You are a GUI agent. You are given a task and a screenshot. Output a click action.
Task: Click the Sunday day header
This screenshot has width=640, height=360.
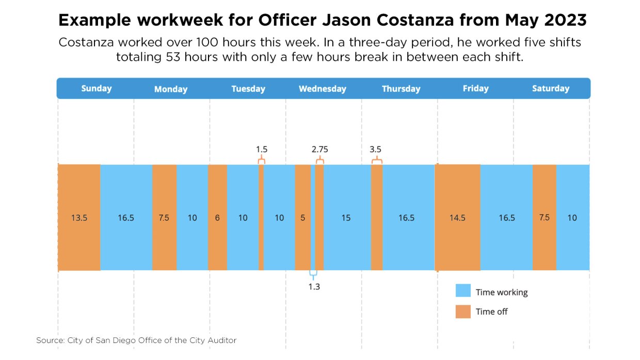click(x=97, y=88)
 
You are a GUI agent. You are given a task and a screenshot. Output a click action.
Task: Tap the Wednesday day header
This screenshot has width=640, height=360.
click(x=322, y=89)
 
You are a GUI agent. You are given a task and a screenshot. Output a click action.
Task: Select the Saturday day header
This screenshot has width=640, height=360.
click(x=550, y=88)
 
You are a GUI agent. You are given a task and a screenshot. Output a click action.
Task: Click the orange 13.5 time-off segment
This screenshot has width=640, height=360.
click(x=79, y=217)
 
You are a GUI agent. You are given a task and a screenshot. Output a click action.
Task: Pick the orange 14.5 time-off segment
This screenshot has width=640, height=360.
click(x=457, y=217)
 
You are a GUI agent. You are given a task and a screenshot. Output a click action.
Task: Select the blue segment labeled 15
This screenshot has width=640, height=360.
click(x=346, y=217)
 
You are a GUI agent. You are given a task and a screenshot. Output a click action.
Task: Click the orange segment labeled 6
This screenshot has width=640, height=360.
click(x=217, y=217)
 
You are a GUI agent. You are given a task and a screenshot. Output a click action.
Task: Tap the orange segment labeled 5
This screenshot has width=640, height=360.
click(x=302, y=217)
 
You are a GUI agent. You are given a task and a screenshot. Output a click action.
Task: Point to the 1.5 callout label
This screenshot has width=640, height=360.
click(x=262, y=150)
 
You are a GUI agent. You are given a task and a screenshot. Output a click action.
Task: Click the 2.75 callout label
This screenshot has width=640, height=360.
click(x=320, y=150)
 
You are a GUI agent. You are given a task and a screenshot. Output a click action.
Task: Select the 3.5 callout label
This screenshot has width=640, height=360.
click(x=375, y=150)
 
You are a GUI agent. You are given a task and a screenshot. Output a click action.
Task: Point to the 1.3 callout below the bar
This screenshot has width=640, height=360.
click(x=314, y=287)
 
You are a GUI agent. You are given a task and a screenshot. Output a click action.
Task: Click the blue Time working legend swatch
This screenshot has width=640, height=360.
click(x=463, y=291)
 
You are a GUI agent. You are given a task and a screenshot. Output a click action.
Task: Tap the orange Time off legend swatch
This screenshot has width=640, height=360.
click(x=463, y=311)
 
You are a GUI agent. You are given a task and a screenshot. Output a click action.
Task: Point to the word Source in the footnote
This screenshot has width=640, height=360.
click(x=49, y=340)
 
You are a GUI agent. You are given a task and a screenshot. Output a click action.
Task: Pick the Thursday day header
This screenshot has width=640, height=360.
click(x=401, y=89)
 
